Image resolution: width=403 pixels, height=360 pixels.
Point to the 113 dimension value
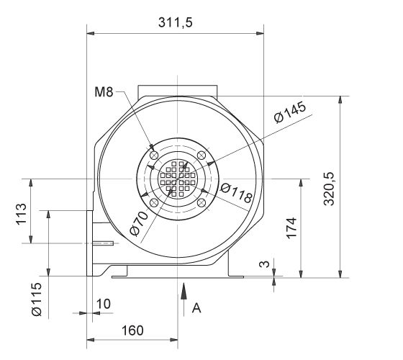tap(21, 214)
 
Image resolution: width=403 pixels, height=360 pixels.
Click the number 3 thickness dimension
tap(265, 264)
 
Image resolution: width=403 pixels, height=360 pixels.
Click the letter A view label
tap(196, 307)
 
